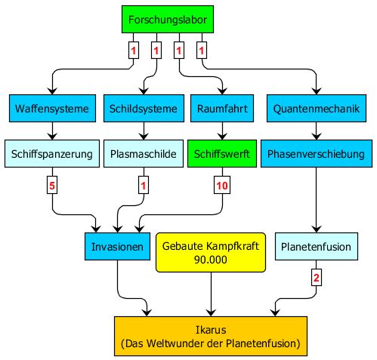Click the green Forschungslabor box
[x=168, y=20]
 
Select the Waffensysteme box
[x=52, y=109]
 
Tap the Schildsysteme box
[x=144, y=109]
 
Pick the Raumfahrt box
[x=222, y=109]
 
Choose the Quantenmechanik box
[x=317, y=109]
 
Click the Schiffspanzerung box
[x=52, y=154]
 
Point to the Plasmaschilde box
[x=144, y=154]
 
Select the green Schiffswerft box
[x=222, y=154]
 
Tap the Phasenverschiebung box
[x=317, y=154]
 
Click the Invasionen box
[x=117, y=246]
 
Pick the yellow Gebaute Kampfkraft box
[x=211, y=252]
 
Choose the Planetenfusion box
[x=317, y=246]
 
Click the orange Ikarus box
[x=211, y=336]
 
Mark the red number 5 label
[x=52, y=186]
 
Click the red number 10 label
[x=222, y=186]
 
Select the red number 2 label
[x=317, y=278]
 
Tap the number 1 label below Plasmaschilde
[x=144, y=186]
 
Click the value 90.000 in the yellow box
[x=211, y=260]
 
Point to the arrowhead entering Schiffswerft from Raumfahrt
[x=222, y=137]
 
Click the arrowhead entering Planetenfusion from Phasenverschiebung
[x=317, y=229]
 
